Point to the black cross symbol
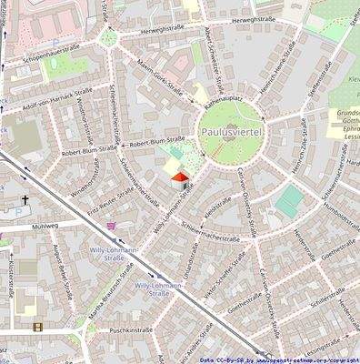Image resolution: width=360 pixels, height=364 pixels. tap(25, 198)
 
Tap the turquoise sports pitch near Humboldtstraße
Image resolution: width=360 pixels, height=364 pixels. tap(291, 201)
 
